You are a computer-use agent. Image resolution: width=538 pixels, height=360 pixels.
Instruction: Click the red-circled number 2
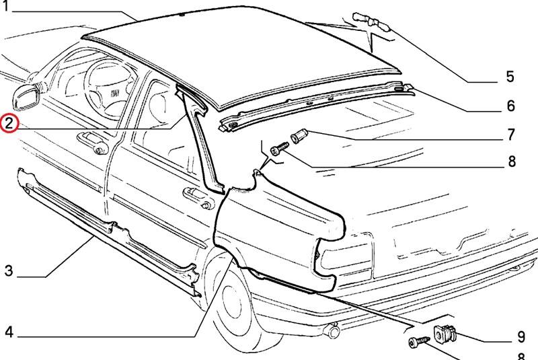click(x=9, y=123)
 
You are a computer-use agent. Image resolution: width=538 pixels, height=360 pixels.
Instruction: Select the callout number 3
click(x=9, y=271)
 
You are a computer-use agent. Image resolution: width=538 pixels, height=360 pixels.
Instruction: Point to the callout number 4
click(x=9, y=332)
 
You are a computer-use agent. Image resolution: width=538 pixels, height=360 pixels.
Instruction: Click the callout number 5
click(x=510, y=76)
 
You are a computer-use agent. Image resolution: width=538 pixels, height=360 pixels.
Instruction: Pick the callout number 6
click(x=511, y=106)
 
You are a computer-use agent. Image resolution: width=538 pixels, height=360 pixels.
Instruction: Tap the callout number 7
click(x=511, y=134)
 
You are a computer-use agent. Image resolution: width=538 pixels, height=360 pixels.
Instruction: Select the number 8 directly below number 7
click(x=512, y=161)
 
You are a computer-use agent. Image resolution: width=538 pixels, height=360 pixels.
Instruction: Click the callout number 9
click(x=521, y=336)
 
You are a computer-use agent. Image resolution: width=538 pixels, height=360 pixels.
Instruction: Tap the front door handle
click(x=93, y=143)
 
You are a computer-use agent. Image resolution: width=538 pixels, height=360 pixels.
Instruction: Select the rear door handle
click(x=199, y=198)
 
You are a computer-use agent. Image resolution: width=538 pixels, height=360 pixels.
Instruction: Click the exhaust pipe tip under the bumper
click(x=332, y=330)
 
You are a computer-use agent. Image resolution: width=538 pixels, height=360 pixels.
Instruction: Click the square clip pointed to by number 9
click(x=445, y=333)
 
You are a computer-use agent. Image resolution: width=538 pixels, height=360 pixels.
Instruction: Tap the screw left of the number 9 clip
click(x=419, y=341)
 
